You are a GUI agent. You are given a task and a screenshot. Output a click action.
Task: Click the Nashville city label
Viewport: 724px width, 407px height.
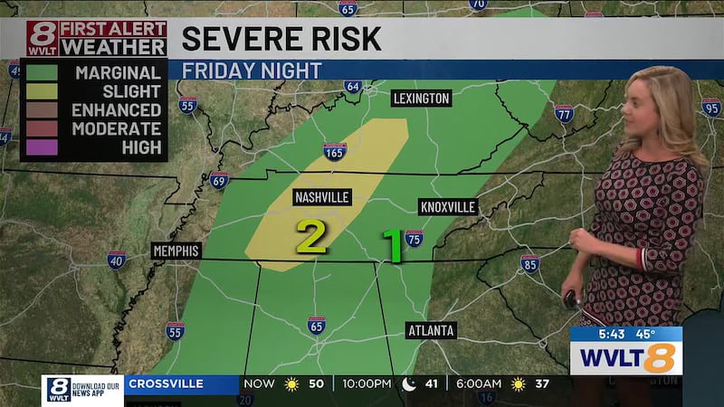pos(322,197)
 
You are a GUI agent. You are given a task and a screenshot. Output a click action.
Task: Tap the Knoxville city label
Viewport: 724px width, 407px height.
pos(448,207)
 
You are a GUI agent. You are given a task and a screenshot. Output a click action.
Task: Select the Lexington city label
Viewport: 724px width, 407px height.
pos(421,98)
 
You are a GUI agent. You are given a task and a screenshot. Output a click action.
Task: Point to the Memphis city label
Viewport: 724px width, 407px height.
pos(176,251)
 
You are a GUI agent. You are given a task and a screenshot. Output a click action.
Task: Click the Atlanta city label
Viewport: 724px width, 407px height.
pos(430,330)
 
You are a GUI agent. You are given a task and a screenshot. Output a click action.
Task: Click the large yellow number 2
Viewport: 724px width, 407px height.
pos(311,237)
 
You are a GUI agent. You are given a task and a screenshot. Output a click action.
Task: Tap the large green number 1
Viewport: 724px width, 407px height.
pos(393,244)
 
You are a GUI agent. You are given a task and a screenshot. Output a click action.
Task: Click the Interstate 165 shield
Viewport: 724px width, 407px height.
pos(335,152)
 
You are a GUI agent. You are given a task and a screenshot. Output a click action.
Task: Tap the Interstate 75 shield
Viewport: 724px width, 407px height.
pos(414,238)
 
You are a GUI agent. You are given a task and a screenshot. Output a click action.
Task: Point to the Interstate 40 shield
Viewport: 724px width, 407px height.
pos(116,260)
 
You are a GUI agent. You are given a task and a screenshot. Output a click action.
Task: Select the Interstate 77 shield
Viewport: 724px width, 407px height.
pos(564,112)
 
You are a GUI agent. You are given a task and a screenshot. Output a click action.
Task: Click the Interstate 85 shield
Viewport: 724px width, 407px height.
pos(530,263)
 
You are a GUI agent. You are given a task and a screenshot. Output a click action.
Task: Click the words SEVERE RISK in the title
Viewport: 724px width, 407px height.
pos(281,39)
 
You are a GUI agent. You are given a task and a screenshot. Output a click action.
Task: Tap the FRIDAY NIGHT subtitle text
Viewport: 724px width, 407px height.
pos(252,70)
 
